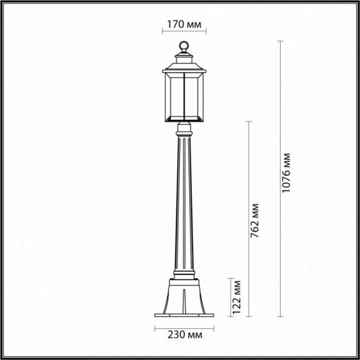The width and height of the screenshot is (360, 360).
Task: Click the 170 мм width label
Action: pyautogui.click(x=184, y=26)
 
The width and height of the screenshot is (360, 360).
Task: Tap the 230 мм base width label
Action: pyautogui.click(x=183, y=335)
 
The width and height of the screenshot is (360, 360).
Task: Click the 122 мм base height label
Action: pyautogui.click(x=236, y=297)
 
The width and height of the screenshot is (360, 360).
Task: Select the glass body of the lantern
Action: pyautogui.click(x=184, y=96)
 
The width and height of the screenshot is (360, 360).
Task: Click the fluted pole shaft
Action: pyautogui.click(x=184, y=205)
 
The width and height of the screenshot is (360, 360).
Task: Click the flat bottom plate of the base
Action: pyautogui.click(x=184, y=315)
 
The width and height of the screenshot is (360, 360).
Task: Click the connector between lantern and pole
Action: pyautogui.click(x=184, y=128)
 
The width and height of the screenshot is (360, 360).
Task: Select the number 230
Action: pyautogui.click(x=176, y=335)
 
